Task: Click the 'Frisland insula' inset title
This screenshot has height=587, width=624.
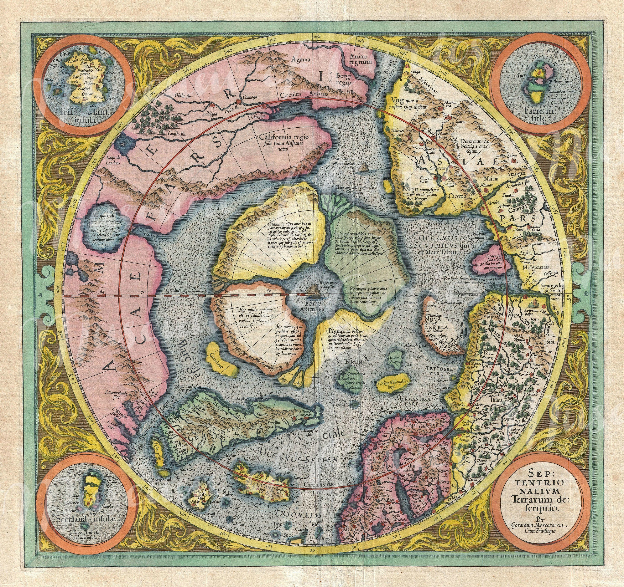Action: (x=75, y=117)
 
